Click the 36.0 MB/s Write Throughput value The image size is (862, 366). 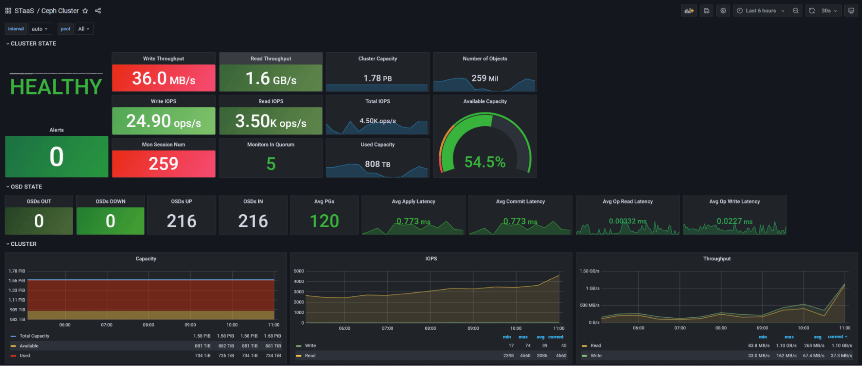coord(163,78)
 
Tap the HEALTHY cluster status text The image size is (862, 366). coord(56,87)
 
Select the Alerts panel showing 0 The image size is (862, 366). coord(56,156)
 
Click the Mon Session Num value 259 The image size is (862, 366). coord(163,164)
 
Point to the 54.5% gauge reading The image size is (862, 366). coord(485,162)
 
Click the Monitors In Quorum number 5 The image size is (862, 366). coord(271,164)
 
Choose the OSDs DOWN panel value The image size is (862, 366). coord(110,221)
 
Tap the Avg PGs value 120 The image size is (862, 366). coord(324,221)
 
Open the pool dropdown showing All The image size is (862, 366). coord(84,29)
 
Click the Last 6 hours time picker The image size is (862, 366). coord(761,11)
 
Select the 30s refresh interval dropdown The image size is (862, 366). coord(829,11)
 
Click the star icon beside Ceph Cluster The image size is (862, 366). coord(85,11)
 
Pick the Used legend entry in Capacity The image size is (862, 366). coord(25,356)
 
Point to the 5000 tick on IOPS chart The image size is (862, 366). coord(299,271)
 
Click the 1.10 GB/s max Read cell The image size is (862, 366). coord(786,346)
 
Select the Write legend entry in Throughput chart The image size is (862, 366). coord(596,356)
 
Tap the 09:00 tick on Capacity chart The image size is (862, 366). coord(190,325)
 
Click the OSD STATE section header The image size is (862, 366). coord(26,187)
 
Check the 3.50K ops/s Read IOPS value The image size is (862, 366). coord(271,122)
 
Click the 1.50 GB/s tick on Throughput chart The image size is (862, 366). coord(589,271)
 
